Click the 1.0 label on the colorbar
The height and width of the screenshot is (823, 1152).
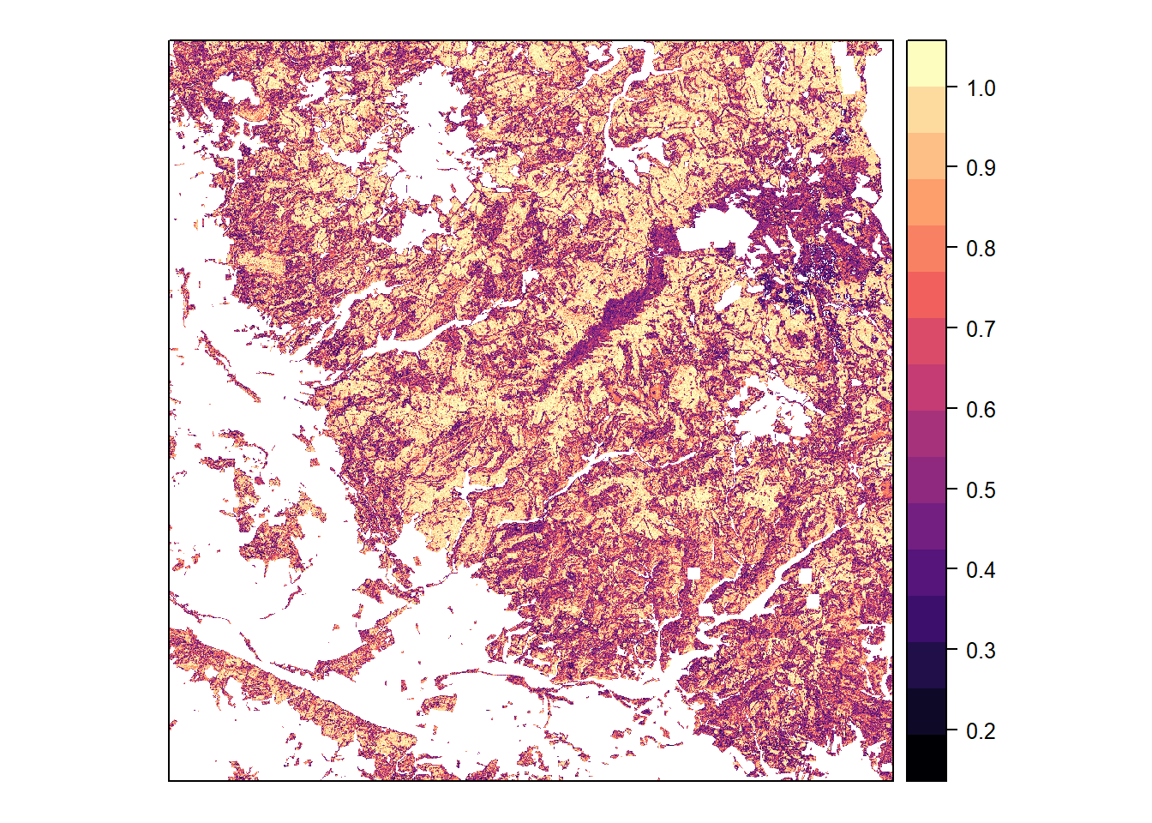(x=981, y=87)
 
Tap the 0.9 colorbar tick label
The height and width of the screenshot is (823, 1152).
(x=981, y=168)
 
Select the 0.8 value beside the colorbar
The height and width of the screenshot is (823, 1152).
(x=981, y=249)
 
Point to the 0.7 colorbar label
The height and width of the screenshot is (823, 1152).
(x=981, y=329)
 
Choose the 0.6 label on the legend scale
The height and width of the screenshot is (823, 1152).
(x=981, y=410)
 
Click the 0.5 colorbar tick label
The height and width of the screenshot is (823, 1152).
(x=981, y=490)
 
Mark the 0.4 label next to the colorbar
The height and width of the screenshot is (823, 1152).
(x=981, y=570)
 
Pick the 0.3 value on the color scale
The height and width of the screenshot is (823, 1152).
(x=981, y=651)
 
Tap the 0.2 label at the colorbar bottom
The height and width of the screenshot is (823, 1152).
(x=981, y=731)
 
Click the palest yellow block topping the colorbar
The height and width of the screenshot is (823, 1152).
(x=927, y=63)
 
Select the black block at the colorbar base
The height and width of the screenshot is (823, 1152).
(x=927, y=758)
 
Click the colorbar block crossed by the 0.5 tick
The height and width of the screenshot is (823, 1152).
(x=927, y=480)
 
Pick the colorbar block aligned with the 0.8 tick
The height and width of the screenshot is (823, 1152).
(x=927, y=249)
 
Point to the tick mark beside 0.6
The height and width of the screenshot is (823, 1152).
(x=951, y=410)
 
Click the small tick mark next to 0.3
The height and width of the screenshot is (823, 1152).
(x=951, y=651)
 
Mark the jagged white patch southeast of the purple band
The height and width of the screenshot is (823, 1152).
(x=771, y=411)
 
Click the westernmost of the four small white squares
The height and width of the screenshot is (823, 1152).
(x=693, y=573)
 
